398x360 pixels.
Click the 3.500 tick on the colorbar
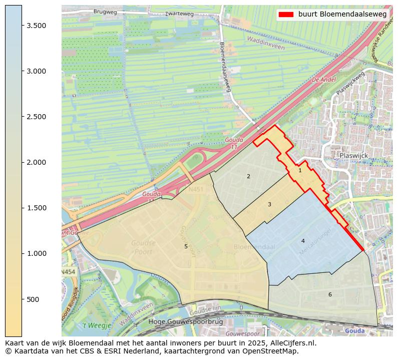pyautogui.click(x=22, y=26)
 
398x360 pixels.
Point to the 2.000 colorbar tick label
pyautogui.click(x=36, y=162)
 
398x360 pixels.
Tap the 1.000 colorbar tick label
pyautogui.click(x=36, y=253)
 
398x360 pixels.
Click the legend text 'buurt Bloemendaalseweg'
pyautogui.click(x=342, y=15)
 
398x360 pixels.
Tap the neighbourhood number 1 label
pyautogui.click(x=300, y=170)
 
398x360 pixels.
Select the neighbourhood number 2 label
pyautogui.click(x=248, y=176)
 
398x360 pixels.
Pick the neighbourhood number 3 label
pyautogui.click(x=269, y=204)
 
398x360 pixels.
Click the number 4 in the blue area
pyautogui.click(x=303, y=241)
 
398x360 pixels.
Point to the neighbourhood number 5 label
pyautogui.click(x=186, y=246)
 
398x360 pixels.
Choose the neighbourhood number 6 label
pyautogui.click(x=330, y=294)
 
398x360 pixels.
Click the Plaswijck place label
pyautogui.click(x=353, y=156)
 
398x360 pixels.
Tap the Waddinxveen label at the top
pyautogui.click(x=265, y=43)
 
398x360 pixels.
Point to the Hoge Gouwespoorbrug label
pyautogui.click(x=186, y=322)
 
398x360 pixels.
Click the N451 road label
pyautogui.click(x=196, y=190)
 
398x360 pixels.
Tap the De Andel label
pyautogui.click(x=323, y=80)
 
